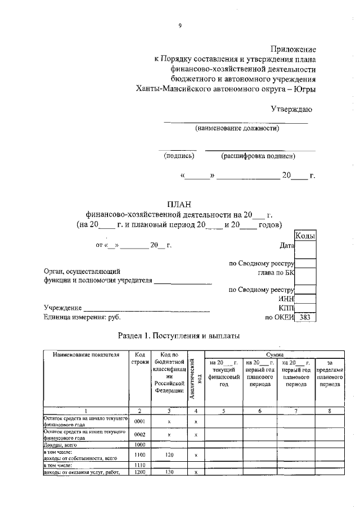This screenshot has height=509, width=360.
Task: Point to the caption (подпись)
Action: click(179, 156)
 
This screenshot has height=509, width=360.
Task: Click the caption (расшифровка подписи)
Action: click(258, 156)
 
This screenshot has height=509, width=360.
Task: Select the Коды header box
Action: click(305, 236)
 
